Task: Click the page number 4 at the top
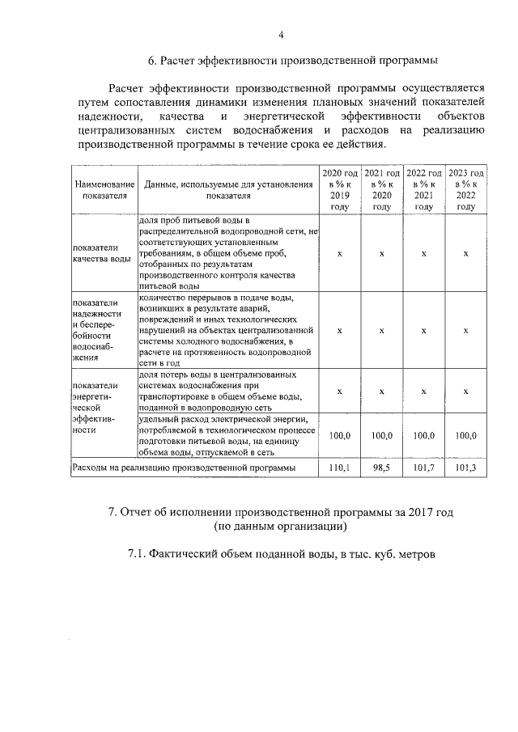[281, 34]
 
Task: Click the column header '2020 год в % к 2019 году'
[339, 190]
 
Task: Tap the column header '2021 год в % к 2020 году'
[381, 190]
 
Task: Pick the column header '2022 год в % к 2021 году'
[423, 190]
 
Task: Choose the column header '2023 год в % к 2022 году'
[465, 190]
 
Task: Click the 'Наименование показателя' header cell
[105, 190]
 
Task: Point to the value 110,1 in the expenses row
[339, 468]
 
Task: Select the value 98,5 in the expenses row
[381, 468]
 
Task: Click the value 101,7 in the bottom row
[423, 468]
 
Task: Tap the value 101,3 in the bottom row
[465, 468]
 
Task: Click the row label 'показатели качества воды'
[101, 253]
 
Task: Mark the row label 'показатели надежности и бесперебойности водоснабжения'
[97, 330]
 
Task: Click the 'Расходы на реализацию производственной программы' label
[182, 468]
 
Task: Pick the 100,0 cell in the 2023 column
[465, 436]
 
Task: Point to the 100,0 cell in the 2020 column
[339, 436]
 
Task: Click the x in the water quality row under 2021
[381, 253]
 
